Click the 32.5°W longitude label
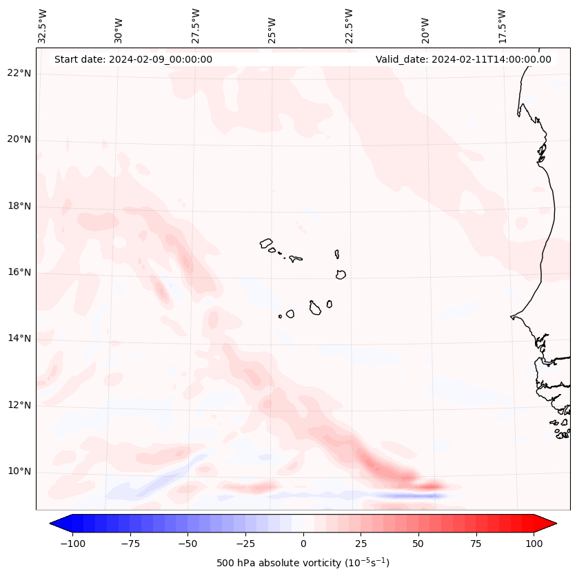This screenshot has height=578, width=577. pyautogui.click(x=43, y=25)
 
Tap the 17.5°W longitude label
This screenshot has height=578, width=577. pyautogui.click(x=502, y=25)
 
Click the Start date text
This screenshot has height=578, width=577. pyautogui.click(x=133, y=59)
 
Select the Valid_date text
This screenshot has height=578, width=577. pyautogui.click(x=463, y=59)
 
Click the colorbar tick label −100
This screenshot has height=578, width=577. pyautogui.click(x=72, y=544)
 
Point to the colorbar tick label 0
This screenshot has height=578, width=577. pyautogui.click(x=303, y=544)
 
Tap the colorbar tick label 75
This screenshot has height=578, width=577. pyautogui.click(x=476, y=544)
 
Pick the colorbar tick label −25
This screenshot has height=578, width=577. pyautogui.click(x=245, y=544)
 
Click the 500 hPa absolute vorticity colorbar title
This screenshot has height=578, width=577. pyautogui.click(x=303, y=563)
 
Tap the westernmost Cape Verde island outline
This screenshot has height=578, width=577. pyautogui.click(x=267, y=243)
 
